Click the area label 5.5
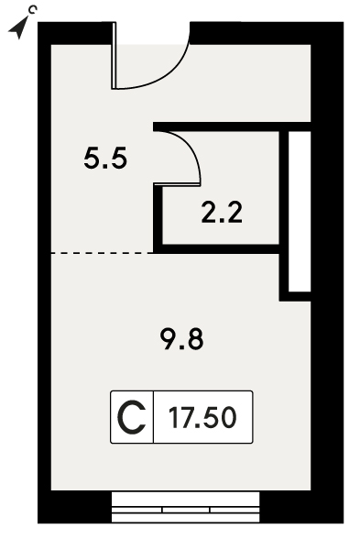(105, 159)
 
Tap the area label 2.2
(222, 213)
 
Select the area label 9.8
(182, 339)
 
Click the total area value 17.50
(202, 417)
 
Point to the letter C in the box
(132, 417)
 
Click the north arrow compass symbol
(18, 29)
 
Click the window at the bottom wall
(185, 507)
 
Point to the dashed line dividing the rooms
(102, 253)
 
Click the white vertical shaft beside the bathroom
(300, 211)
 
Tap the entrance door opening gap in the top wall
(152, 33)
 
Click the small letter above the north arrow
(32, 10)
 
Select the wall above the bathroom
(232, 126)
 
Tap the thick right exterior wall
(327, 272)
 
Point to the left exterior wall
(45, 272)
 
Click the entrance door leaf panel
(114, 55)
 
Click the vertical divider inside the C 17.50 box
(153, 417)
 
